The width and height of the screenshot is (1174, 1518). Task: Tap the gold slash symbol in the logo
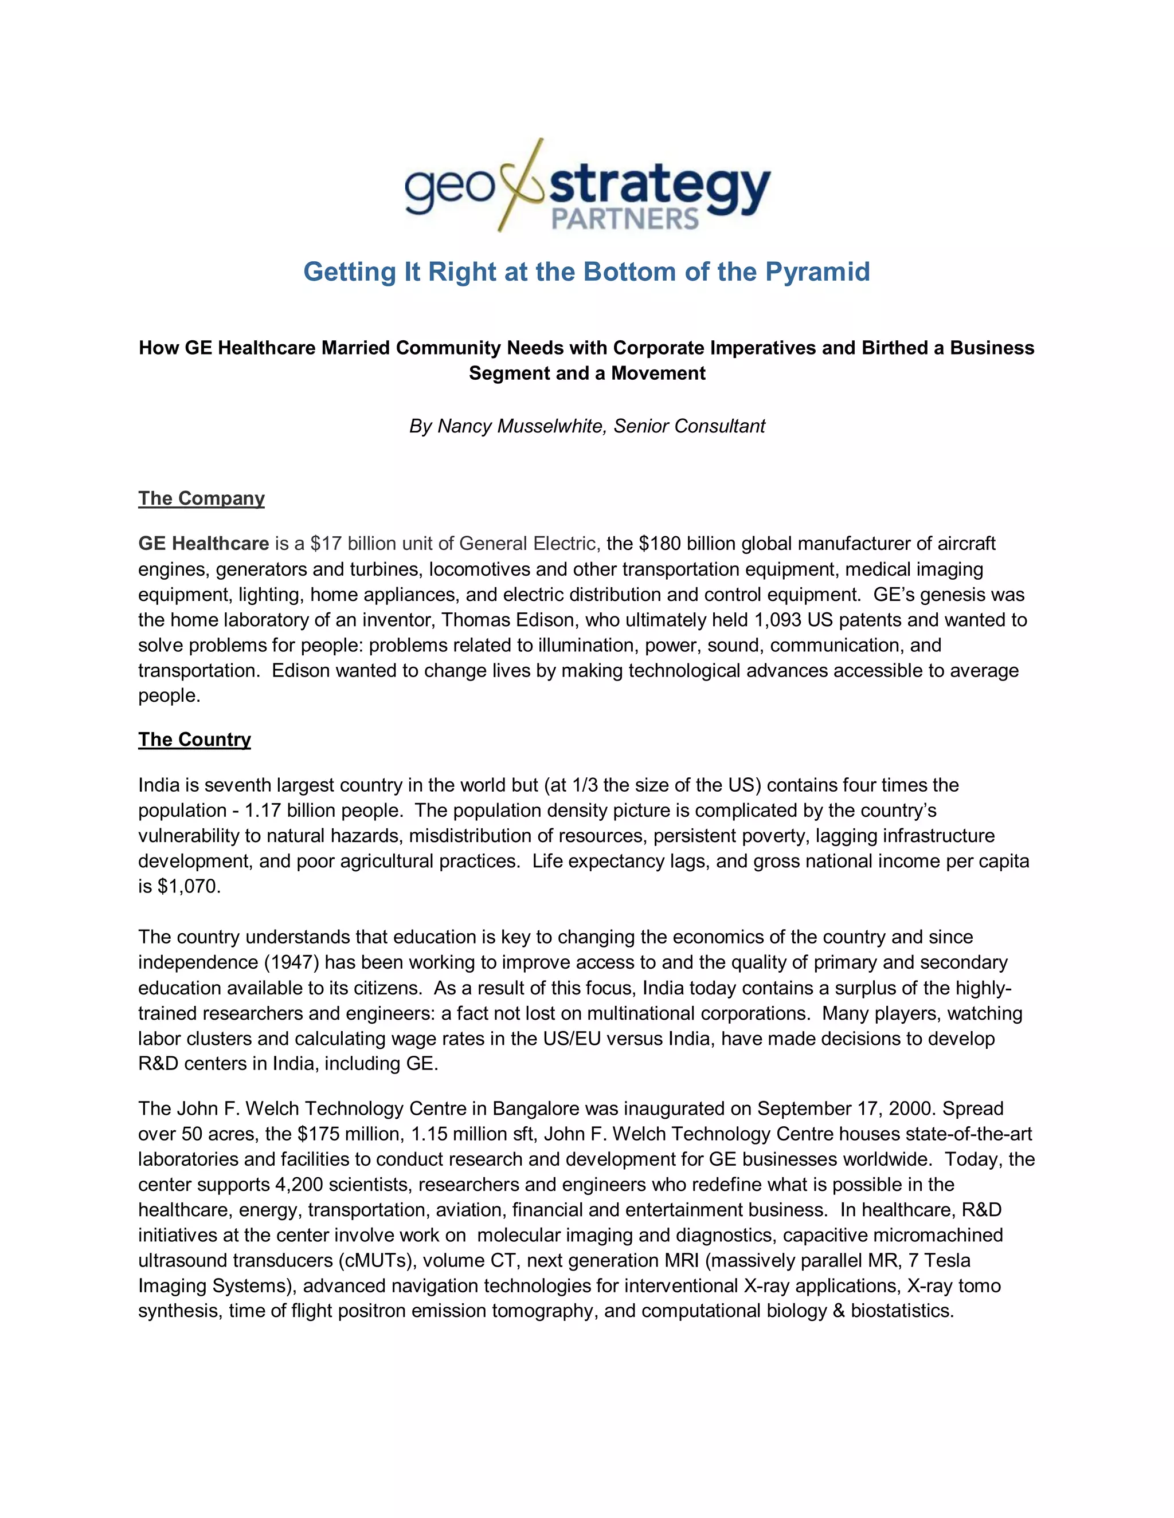tap(519, 185)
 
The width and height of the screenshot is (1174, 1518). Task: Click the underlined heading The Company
tap(201, 498)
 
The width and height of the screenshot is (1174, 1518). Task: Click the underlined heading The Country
tap(194, 740)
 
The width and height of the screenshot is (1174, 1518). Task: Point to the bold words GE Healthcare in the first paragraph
tap(203, 544)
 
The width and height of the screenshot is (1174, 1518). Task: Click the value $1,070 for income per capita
tap(187, 887)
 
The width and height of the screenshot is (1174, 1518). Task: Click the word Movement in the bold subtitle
tap(658, 373)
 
